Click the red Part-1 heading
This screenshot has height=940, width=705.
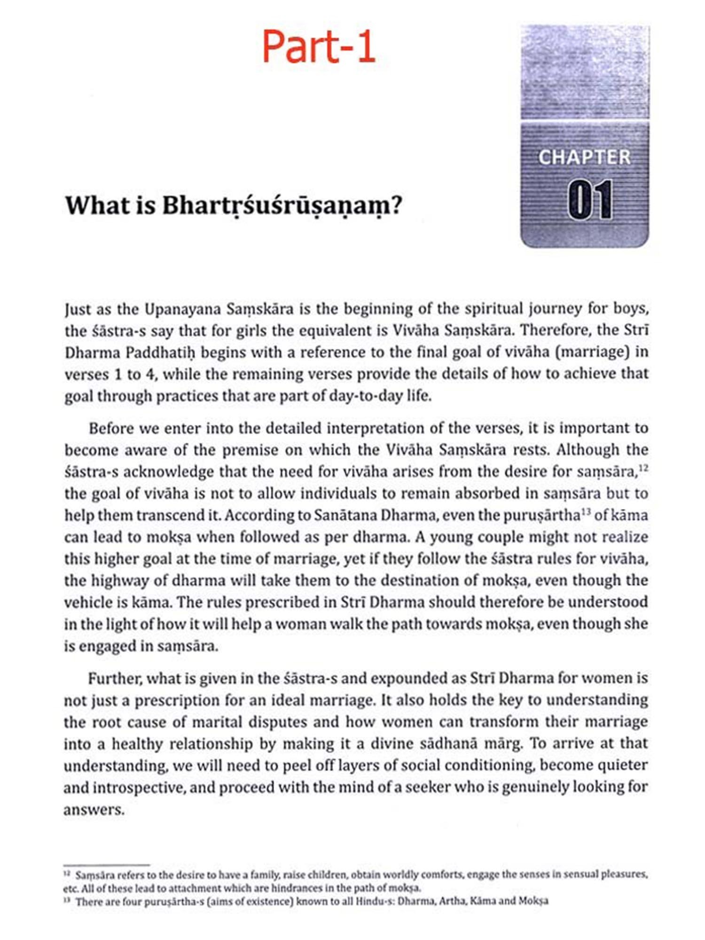click(319, 46)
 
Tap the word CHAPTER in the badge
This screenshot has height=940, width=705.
click(584, 157)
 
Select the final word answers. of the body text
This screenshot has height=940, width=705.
click(94, 810)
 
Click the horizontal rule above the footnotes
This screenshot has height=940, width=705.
click(107, 864)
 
